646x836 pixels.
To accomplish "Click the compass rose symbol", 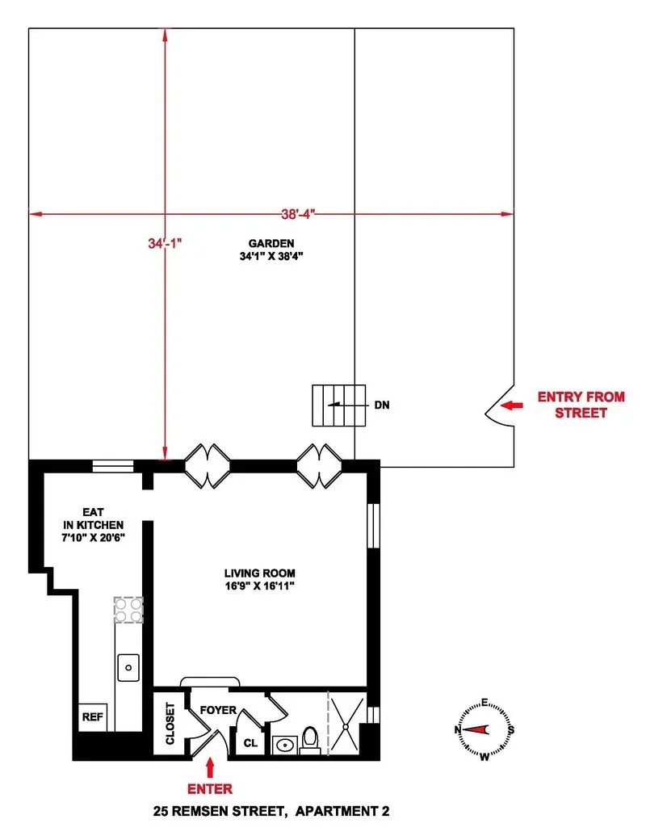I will point(484,729).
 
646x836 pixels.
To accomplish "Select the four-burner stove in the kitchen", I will point(128,610).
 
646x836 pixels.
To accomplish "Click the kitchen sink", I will point(128,668).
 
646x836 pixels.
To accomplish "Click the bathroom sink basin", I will point(283,744).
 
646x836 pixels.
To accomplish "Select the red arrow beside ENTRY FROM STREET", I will point(513,405).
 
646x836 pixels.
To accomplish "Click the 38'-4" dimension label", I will point(292,214).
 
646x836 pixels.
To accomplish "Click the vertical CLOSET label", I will point(170,723).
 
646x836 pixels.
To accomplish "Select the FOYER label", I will point(218,710).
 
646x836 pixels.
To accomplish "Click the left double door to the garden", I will point(208,466).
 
